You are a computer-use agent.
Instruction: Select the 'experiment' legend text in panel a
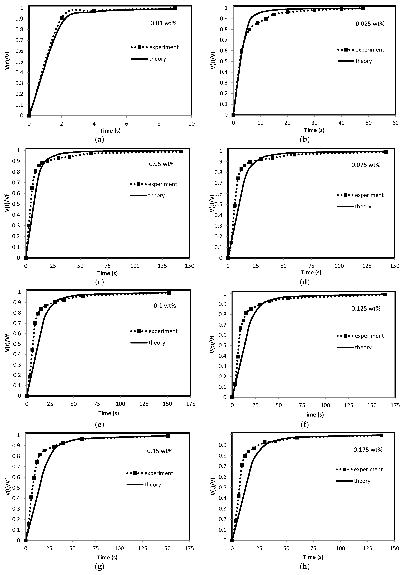tap(164, 47)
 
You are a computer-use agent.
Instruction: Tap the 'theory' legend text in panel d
tap(363, 207)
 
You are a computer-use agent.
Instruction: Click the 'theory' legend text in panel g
tap(152, 485)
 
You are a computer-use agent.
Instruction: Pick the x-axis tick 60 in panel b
tap(395, 123)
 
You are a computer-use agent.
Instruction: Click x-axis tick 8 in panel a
tap(159, 124)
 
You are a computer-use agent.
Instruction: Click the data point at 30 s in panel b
tap(314, 10)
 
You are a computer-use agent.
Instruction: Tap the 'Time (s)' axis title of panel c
tap(108, 273)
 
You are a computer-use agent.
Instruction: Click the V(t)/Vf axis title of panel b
tap(213, 60)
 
